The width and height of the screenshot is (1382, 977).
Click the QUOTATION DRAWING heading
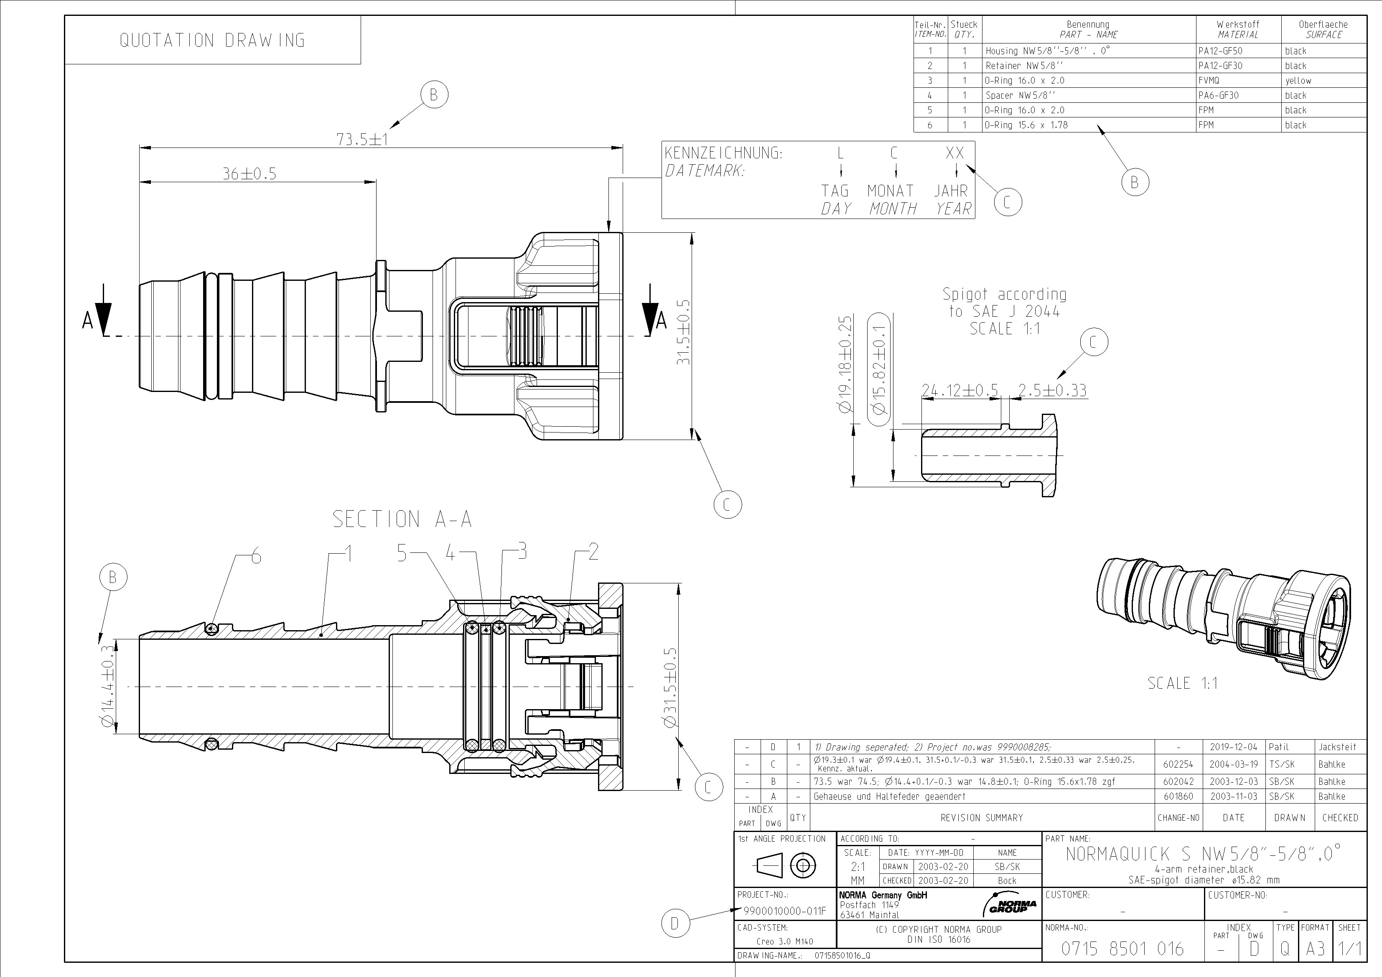point(212,41)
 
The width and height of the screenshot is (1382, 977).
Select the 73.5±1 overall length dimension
point(362,139)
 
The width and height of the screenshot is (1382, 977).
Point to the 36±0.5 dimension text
point(249,174)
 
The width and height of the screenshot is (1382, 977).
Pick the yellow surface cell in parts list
point(1298,81)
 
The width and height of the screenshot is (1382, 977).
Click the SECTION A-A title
point(402,519)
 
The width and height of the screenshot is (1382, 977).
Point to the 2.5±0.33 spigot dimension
point(1052,391)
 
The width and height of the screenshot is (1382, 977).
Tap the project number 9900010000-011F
point(785,911)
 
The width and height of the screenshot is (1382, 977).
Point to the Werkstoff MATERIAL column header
point(1237,30)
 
